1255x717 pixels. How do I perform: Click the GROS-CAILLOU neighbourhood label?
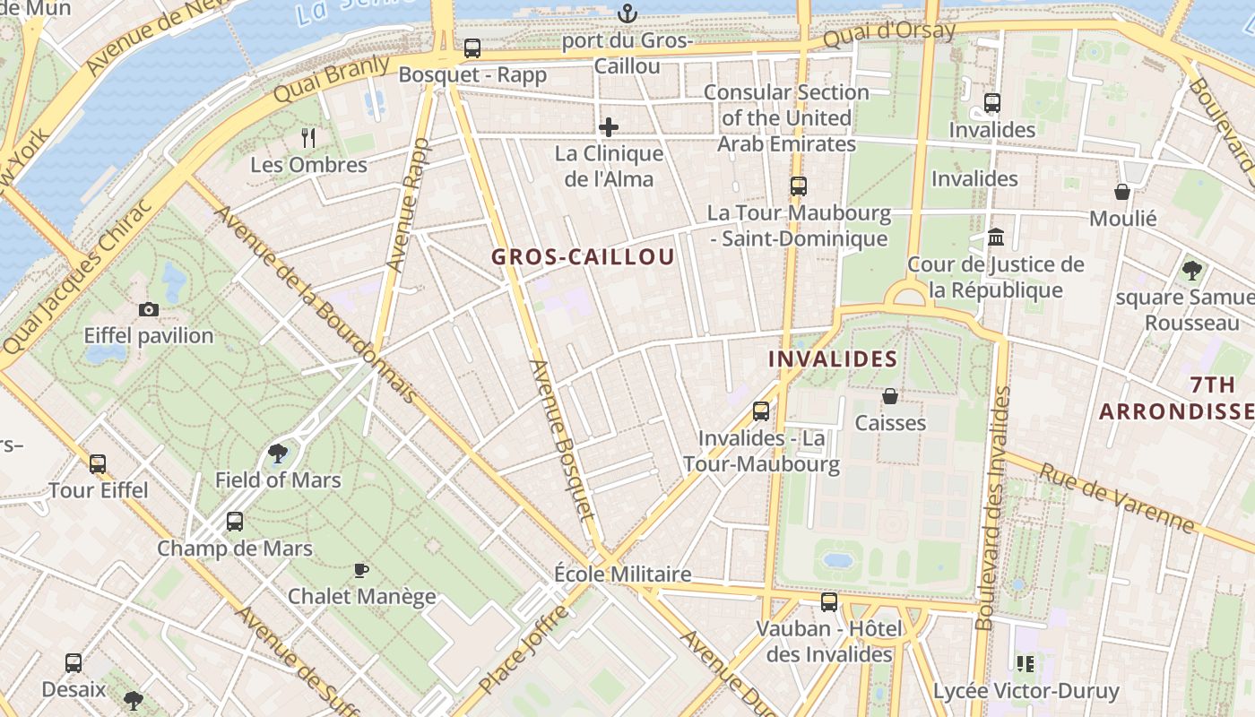click(583, 256)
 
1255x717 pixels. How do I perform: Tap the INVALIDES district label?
click(833, 359)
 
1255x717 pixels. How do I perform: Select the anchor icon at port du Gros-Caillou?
click(627, 13)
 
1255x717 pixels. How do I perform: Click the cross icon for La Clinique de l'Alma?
click(609, 126)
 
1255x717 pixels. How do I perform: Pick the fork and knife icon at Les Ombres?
click(308, 137)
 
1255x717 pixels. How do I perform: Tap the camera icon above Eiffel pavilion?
click(149, 309)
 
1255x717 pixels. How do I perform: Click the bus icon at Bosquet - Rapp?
click(472, 48)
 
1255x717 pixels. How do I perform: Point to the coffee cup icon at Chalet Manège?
click(361, 570)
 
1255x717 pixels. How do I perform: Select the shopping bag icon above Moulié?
click(1121, 192)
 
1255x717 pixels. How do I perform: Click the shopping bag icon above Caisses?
click(890, 395)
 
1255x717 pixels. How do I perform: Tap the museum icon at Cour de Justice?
click(995, 238)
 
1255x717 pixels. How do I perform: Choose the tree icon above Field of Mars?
click(278, 454)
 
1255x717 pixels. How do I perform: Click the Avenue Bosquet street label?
click(561, 439)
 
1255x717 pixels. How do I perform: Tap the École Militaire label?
click(622, 574)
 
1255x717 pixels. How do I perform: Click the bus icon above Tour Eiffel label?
click(98, 463)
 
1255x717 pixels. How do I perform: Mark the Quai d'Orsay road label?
click(888, 34)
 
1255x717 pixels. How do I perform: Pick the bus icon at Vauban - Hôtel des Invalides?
click(829, 601)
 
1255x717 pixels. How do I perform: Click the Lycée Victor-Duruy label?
click(1026, 691)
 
